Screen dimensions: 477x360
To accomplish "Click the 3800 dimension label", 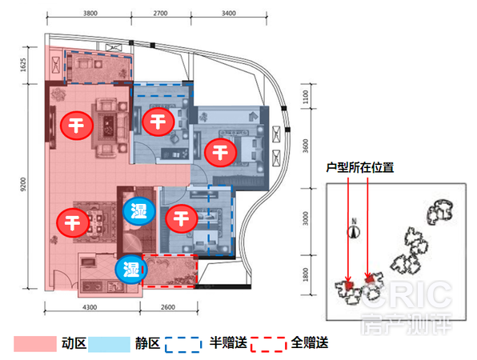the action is [90, 14].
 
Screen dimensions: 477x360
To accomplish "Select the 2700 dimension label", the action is [160, 14].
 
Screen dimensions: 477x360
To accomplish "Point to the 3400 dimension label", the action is [228, 14].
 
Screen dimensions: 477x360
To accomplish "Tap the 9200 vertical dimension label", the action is [23, 185].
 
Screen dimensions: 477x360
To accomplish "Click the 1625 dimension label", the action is [23, 65].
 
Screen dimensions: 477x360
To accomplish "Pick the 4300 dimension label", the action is [90, 307].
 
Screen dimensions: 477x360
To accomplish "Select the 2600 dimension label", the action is [168, 307].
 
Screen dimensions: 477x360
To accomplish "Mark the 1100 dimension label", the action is [306, 97].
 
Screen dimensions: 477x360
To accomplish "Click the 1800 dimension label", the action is [306, 275].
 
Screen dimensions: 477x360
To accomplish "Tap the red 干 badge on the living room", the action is [76, 126].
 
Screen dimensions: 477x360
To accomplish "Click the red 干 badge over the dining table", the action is [73, 223].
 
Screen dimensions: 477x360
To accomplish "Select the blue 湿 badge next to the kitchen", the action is [131, 270].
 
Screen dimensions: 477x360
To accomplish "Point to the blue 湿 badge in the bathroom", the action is [139, 211].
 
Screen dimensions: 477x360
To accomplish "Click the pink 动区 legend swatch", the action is [35, 344].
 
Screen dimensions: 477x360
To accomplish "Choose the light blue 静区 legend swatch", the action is [109, 344].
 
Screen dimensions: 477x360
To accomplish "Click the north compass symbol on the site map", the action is [354, 229].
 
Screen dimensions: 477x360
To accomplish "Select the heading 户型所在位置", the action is [360, 167].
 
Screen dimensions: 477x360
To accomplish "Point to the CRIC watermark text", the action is [406, 294].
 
